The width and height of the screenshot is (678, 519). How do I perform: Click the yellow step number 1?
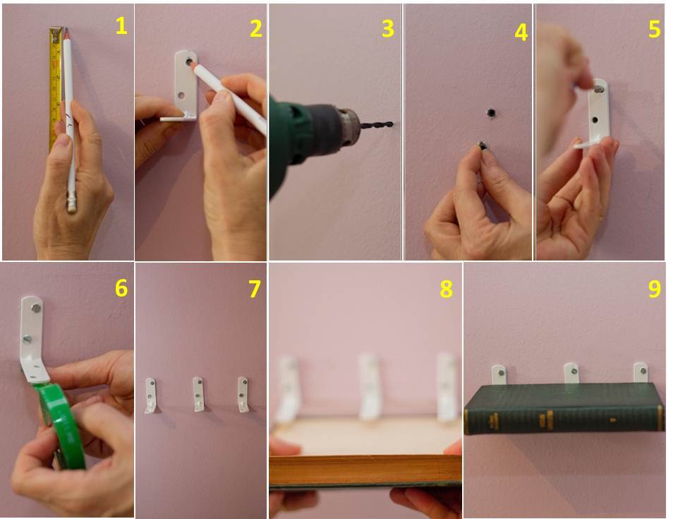click(x=121, y=26)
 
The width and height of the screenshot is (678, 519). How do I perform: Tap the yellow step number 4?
click(x=521, y=32)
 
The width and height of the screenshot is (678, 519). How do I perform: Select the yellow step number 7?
click(x=255, y=289)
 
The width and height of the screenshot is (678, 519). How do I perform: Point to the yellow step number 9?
click(x=654, y=289)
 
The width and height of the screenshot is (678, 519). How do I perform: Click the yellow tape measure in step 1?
click(x=55, y=85)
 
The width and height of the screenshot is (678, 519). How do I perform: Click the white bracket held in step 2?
click(x=185, y=83)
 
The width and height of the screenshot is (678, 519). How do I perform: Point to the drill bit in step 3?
click(x=377, y=126)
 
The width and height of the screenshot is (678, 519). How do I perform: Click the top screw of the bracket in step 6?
click(x=35, y=308)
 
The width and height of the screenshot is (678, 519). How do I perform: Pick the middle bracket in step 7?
click(x=199, y=393)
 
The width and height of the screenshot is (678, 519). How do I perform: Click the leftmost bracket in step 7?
click(x=151, y=395)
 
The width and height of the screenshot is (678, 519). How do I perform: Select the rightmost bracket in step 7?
click(x=243, y=393)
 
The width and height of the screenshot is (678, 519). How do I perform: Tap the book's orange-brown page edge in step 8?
click(x=365, y=469)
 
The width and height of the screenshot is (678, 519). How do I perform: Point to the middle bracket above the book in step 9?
click(x=571, y=373)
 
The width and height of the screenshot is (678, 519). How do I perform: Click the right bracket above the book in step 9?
click(x=640, y=372)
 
